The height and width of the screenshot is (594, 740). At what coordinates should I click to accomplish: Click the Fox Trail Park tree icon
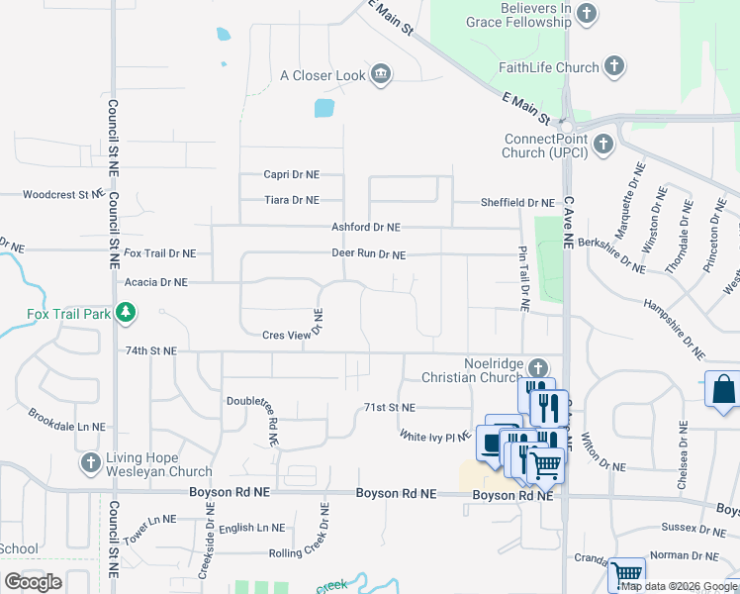click(x=125, y=314)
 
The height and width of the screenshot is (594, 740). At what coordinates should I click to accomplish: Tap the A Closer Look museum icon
click(x=381, y=75)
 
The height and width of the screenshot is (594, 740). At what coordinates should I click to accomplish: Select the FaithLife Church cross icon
click(x=614, y=67)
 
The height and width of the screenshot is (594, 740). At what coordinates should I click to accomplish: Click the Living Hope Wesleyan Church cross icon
click(x=90, y=463)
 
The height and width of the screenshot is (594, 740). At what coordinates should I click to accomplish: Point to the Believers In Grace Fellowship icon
click(x=587, y=14)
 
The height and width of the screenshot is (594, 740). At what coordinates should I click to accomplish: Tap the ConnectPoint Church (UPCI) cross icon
click(x=602, y=146)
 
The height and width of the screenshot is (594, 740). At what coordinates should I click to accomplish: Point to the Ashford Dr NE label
click(x=365, y=227)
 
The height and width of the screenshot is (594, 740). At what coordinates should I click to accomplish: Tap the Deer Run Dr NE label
click(x=368, y=254)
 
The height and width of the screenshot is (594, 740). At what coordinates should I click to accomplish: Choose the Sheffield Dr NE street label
click(x=517, y=203)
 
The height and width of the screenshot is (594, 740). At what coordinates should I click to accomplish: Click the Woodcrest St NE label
click(x=62, y=195)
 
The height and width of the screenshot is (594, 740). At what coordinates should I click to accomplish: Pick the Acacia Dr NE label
click(x=156, y=282)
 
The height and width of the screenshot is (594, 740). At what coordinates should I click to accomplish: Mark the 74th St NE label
click(x=150, y=350)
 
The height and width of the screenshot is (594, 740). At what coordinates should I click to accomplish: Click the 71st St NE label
click(x=390, y=407)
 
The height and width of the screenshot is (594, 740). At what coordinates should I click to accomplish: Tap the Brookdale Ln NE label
click(x=66, y=426)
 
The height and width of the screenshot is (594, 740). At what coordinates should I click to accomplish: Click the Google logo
click(x=33, y=582)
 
